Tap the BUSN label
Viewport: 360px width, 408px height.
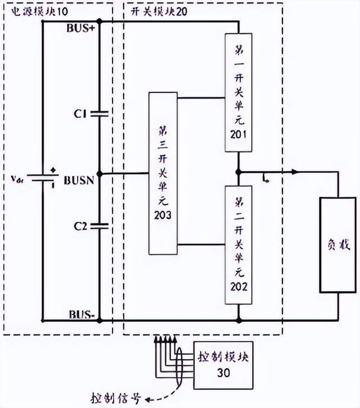81,181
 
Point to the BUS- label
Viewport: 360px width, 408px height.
82,314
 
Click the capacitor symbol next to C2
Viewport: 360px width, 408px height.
99,226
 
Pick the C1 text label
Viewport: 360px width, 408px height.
79,114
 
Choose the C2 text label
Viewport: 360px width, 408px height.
79,226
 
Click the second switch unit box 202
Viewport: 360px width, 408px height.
238,244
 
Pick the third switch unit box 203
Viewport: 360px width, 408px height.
163,172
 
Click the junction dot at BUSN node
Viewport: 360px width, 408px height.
99,174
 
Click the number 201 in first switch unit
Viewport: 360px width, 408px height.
238,136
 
